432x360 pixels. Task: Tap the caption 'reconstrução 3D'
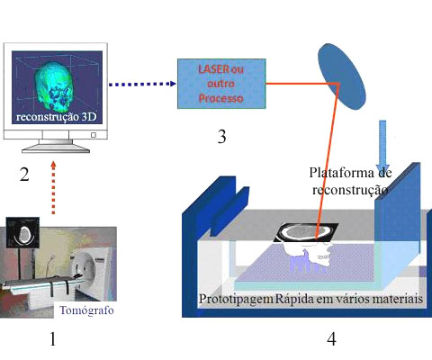click(x=57, y=117)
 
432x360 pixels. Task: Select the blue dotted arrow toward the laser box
click(x=142, y=84)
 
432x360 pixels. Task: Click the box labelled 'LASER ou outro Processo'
click(x=221, y=84)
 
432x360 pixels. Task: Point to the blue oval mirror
click(x=342, y=76)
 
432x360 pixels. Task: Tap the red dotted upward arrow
click(x=53, y=188)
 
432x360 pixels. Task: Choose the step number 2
click(x=24, y=175)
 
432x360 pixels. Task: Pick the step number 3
click(x=221, y=137)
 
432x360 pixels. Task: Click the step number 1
click(x=52, y=339)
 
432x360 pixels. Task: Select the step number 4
click(x=331, y=339)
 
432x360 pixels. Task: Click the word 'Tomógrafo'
click(x=86, y=310)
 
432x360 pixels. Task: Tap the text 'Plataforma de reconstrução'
click(x=350, y=181)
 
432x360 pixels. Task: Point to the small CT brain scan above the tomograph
click(x=22, y=233)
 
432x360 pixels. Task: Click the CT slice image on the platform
click(x=306, y=232)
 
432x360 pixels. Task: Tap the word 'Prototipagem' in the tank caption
click(x=236, y=299)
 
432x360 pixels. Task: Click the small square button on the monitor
click(x=94, y=135)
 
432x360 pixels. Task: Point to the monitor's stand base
click(x=56, y=148)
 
